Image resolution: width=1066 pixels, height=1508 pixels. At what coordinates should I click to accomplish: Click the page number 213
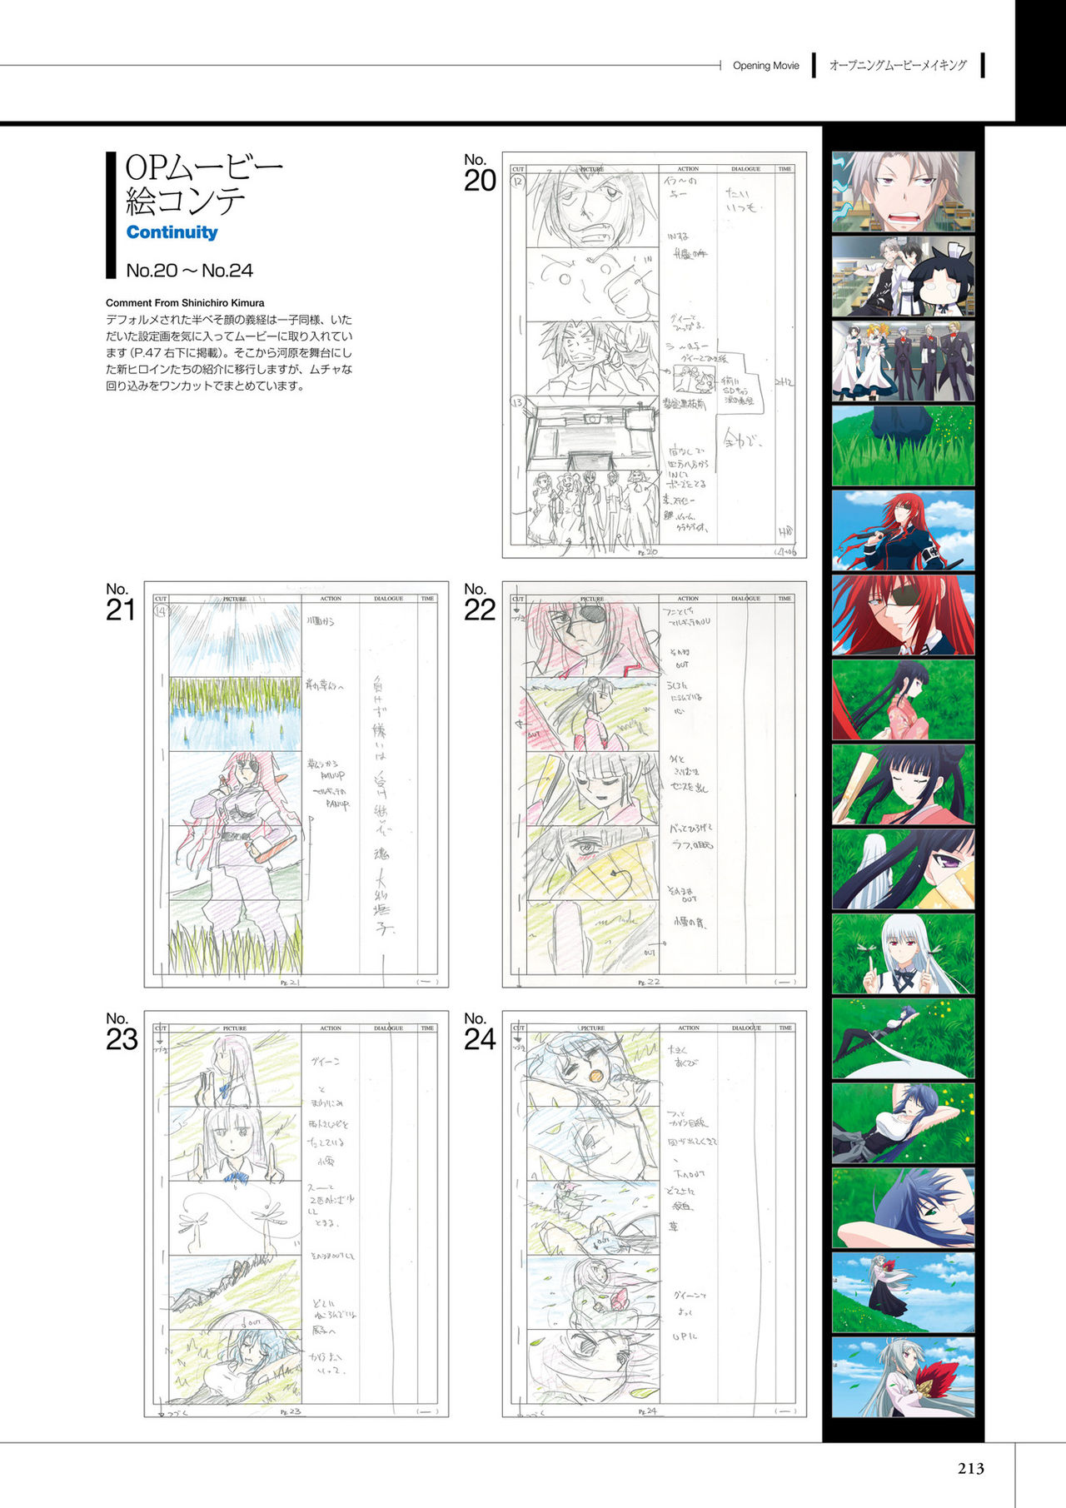click(x=971, y=1468)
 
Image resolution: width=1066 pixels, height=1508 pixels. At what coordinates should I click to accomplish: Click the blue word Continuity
click(x=172, y=232)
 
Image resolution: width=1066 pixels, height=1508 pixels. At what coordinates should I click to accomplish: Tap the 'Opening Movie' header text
click(x=765, y=66)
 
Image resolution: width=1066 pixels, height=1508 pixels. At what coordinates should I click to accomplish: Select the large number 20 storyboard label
click(x=480, y=180)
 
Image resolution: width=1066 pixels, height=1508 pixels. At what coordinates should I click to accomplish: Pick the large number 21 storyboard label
click(x=121, y=610)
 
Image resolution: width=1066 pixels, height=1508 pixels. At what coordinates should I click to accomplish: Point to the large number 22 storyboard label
click(x=480, y=610)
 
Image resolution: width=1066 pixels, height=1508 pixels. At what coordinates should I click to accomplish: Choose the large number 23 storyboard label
click(x=122, y=1039)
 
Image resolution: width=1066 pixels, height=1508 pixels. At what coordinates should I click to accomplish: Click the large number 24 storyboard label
click(x=480, y=1039)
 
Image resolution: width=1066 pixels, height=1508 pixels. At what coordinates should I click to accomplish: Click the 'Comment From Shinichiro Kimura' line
click(x=185, y=303)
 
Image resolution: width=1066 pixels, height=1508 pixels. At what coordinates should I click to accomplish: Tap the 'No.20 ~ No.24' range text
click(x=189, y=271)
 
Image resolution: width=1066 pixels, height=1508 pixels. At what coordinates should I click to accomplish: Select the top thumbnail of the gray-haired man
click(x=903, y=192)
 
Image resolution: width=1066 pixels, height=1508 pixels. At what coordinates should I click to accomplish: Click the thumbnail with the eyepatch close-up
click(x=903, y=615)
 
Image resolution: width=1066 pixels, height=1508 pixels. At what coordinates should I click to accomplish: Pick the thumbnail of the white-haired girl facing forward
click(x=903, y=953)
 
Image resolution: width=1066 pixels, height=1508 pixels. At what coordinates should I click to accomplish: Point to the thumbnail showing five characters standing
click(x=903, y=361)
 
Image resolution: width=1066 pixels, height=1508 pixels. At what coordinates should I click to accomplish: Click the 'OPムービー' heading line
click(x=204, y=168)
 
